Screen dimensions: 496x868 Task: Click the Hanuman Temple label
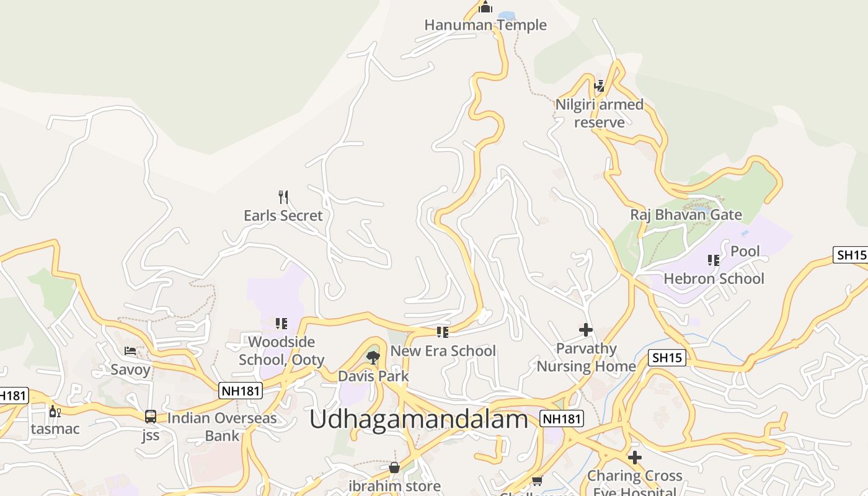[x=485, y=25]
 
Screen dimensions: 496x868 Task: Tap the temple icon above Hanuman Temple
[x=485, y=7]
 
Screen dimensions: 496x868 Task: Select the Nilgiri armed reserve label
[x=599, y=113]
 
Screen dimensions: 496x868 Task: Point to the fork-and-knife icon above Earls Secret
[x=283, y=197]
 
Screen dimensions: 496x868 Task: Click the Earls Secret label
[x=283, y=216]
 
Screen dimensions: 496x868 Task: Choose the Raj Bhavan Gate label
[x=686, y=215]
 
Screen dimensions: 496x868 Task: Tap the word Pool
[x=745, y=251]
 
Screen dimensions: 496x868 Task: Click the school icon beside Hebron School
[x=714, y=260]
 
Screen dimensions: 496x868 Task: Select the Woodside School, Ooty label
[x=281, y=351]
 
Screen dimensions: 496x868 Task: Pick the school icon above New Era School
[x=442, y=332]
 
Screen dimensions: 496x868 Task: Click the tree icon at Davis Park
[x=373, y=357]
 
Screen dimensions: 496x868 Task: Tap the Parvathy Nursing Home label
[x=586, y=357]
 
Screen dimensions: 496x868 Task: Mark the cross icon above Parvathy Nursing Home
[x=586, y=330]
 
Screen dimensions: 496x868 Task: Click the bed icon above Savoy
[x=130, y=351]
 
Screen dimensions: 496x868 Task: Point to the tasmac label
[x=55, y=429]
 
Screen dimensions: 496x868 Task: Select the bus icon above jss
[x=151, y=416]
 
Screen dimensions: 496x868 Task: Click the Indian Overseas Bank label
[x=222, y=427]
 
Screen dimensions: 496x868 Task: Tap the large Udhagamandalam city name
[x=418, y=420]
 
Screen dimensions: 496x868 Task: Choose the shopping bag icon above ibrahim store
[x=394, y=467]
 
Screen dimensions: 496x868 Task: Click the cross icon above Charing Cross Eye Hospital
[x=634, y=458]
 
